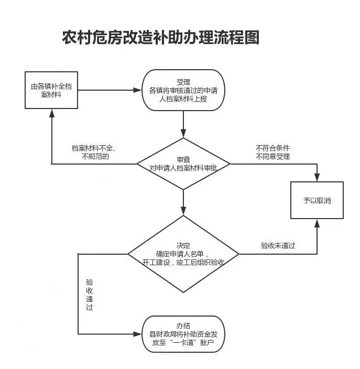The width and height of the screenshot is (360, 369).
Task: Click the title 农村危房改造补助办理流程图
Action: click(x=161, y=37)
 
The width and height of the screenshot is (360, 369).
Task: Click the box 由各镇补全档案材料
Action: click(x=51, y=90)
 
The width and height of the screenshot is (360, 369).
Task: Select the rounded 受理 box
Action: click(x=183, y=90)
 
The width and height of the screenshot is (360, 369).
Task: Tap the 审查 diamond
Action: click(x=183, y=164)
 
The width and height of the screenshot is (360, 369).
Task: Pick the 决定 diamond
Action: click(x=183, y=254)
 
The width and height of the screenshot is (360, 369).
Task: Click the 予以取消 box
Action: click(x=317, y=200)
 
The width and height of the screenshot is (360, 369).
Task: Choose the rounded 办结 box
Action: click(x=183, y=334)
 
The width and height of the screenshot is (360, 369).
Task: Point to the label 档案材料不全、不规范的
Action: click(x=94, y=152)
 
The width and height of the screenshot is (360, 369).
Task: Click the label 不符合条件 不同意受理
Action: click(x=272, y=152)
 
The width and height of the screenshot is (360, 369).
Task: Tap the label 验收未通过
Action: click(x=278, y=245)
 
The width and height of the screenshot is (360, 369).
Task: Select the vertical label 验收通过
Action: click(x=90, y=295)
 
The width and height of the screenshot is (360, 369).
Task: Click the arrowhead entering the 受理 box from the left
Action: click(x=137, y=90)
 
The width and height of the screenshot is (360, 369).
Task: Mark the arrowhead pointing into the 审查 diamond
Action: click(x=183, y=133)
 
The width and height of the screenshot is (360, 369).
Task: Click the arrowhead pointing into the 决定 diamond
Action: click(x=183, y=211)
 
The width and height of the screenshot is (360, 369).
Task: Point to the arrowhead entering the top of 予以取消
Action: click(x=317, y=177)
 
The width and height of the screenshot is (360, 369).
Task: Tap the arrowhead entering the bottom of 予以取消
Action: click(x=317, y=223)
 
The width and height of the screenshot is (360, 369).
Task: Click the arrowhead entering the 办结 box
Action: click(x=138, y=334)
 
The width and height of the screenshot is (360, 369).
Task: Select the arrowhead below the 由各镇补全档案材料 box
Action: click(x=52, y=113)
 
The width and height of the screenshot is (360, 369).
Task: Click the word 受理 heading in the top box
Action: click(x=183, y=82)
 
